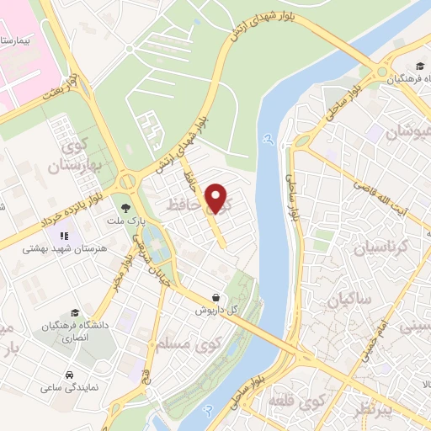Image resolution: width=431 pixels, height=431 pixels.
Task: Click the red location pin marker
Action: coord(218,199)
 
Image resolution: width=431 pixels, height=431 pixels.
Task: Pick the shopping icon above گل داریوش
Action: coord(217,297)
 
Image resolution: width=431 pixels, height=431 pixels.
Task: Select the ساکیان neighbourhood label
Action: coord(345,298)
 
